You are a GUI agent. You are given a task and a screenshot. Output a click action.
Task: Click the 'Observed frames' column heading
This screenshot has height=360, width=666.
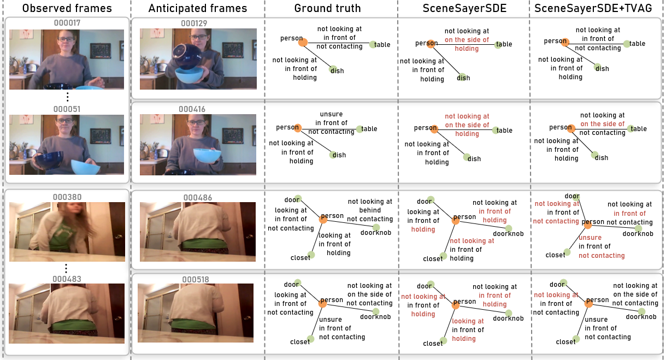[x=67, y=8]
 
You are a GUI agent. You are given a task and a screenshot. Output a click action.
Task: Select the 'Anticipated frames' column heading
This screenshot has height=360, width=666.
[x=198, y=8]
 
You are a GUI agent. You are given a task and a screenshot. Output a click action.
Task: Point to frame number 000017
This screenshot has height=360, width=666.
[x=67, y=23]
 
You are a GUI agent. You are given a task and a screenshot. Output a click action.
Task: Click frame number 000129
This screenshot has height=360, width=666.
[x=194, y=23]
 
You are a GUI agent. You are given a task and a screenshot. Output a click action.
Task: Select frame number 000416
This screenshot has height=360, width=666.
[x=194, y=109]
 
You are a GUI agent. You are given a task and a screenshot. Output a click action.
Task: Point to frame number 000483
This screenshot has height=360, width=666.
[x=66, y=279]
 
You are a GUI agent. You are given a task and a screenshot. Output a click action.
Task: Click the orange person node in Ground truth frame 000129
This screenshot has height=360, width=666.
[x=303, y=42]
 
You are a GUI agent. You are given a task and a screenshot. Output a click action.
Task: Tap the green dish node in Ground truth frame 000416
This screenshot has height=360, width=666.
[x=332, y=155]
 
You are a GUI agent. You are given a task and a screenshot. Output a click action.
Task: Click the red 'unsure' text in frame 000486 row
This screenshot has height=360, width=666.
[x=590, y=238]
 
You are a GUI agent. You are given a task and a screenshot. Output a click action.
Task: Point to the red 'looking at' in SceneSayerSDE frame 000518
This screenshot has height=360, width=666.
[x=468, y=321]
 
